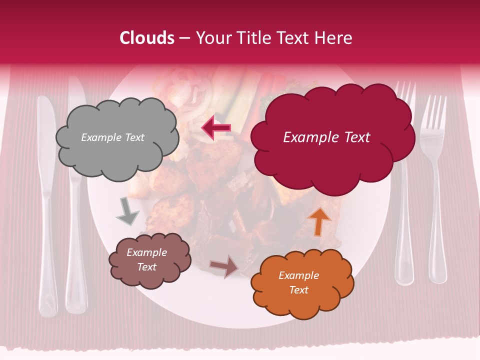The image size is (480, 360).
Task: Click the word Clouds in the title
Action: [x=147, y=38]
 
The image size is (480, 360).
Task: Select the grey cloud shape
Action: [x=117, y=150]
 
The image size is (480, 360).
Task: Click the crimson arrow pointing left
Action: [x=216, y=128]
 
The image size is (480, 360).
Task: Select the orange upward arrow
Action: [x=319, y=220]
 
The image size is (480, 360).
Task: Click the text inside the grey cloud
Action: [x=112, y=137]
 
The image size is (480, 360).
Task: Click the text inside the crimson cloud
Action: [x=326, y=137]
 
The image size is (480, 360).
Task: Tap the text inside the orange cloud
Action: [x=298, y=282]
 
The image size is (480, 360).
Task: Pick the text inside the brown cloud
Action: [x=146, y=259]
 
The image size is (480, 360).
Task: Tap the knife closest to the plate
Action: [x=76, y=200]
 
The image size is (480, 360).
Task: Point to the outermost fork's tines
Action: [x=433, y=112]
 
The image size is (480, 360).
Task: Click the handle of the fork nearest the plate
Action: [x=404, y=225]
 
